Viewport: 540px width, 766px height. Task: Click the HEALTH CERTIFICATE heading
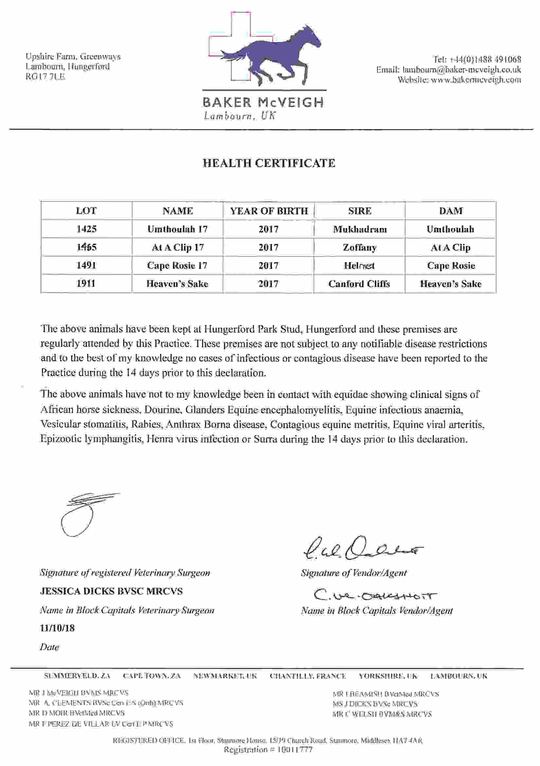pyautogui.click(x=269, y=163)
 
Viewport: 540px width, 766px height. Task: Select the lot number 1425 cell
pyautogui.click(x=86, y=229)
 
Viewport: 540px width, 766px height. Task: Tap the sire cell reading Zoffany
pyautogui.click(x=359, y=247)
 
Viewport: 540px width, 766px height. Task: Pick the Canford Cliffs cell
pyautogui.click(x=359, y=284)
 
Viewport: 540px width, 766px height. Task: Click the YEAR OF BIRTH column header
pyautogui.click(x=269, y=211)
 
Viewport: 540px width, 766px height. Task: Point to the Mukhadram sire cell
pyautogui.click(x=360, y=229)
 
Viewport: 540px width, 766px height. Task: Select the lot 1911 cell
pyautogui.click(x=86, y=284)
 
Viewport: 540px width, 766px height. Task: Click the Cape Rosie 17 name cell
pyautogui.click(x=177, y=266)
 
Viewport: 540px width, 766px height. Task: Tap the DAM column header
pyautogui.click(x=451, y=211)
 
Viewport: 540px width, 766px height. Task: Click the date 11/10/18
pyautogui.click(x=57, y=628)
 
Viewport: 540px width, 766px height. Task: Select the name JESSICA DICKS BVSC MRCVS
pyautogui.click(x=111, y=591)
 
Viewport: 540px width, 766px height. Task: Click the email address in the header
pyautogui.click(x=461, y=70)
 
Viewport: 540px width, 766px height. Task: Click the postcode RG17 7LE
pyautogui.click(x=45, y=76)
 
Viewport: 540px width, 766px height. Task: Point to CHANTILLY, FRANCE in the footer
pyautogui.click(x=308, y=676)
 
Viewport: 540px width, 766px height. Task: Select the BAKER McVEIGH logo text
pyautogui.click(x=263, y=102)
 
